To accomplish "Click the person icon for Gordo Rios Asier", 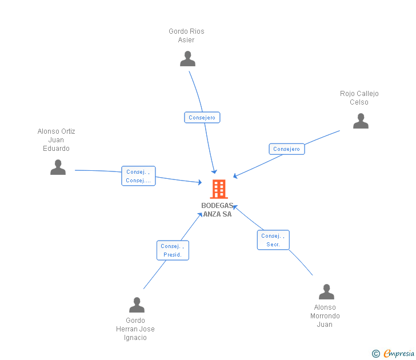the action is tap(187, 59).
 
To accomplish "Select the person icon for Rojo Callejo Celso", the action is tap(361, 121).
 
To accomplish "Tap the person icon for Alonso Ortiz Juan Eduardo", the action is tap(58, 167).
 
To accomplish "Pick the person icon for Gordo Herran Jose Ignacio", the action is tap(137, 305).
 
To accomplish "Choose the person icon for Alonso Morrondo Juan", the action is tap(327, 292).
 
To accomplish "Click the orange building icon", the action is tap(219, 189).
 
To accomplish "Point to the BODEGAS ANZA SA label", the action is tap(217, 210).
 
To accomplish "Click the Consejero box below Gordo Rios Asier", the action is tap(202, 118).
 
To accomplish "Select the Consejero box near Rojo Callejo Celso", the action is tap(287, 149).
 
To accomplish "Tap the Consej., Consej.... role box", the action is tap(138, 176).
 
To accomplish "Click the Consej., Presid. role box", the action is tap(173, 250).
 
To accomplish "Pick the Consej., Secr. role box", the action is tap(273, 240).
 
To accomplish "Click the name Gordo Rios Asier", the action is tap(186, 35).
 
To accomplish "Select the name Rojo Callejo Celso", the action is tap(359, 98).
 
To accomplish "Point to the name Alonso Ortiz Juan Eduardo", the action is tap(56, 140).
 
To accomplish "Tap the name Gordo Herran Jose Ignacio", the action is tap(135, 329).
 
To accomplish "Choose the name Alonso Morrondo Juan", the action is tap(325, 315).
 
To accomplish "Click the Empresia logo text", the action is tap(399, 353).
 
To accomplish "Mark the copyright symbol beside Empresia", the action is tap(376, 354).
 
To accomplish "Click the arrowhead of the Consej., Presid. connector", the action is tap(201, 215).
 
